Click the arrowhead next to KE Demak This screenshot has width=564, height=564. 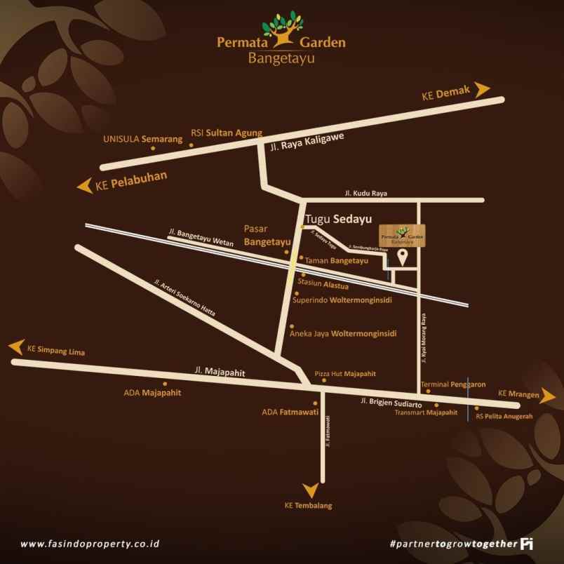click(482, 89)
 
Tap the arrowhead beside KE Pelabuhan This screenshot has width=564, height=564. click(85, 186)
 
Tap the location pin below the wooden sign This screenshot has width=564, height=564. click(403, 257)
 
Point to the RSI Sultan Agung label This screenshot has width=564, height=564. click(227, 133)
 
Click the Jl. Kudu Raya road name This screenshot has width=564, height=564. click(365, 193)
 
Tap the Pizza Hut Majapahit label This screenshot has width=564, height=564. click(345, 374)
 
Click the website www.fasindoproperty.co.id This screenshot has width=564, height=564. click(90, 544)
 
